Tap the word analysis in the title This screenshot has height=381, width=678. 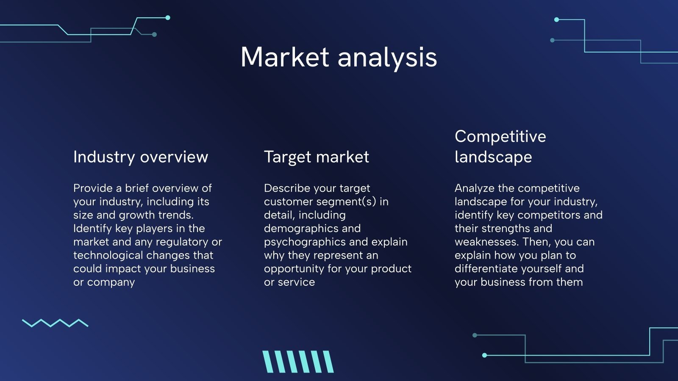click(x=387, y=59)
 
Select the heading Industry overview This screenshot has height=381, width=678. click(x=141, y=157)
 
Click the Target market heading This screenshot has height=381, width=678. click(x=316, y=157)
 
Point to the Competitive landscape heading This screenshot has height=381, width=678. click(x=500, y=146)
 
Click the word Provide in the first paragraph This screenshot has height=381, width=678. click(x=93, y=188)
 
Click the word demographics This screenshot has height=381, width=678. click(x=312, y=229)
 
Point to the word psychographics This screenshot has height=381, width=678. click(x=305, y=242)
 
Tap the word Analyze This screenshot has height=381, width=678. click(x=475, y=188)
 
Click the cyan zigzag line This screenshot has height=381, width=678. click(x=55, y=323)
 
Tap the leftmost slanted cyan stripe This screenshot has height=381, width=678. click(x=267, y=362)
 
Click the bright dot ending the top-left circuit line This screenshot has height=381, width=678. click(x=168, y=17)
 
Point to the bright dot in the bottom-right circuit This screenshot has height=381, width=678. click(x=484, y=355)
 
